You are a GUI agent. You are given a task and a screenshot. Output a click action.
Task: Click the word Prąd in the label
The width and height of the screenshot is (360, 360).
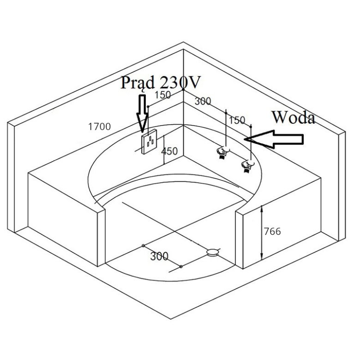pos(138,84)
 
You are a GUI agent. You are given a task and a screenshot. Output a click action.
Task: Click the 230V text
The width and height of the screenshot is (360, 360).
pos(180,82)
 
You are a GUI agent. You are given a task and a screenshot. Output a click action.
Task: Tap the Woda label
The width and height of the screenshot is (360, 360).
pos(293,117)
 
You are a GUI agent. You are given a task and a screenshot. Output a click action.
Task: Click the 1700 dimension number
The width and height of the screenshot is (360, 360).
pos(99,126)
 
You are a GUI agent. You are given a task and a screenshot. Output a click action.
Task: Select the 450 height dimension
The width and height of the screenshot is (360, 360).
pos(169,151)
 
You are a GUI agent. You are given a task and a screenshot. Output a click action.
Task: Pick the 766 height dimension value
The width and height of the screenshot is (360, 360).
pos(272,231)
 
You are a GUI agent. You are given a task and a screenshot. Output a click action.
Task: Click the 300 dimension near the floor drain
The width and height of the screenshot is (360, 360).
pos(159,256)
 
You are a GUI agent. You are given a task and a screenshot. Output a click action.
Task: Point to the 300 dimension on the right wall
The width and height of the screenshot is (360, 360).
pos(203,101)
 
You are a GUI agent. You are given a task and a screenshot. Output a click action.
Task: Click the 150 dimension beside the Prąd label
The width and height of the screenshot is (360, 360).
pos(162,95)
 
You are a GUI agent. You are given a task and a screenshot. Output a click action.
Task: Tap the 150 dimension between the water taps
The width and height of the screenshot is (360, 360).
pos(237,120)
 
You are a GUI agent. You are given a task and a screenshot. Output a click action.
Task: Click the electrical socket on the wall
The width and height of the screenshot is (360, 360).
pos(149,142)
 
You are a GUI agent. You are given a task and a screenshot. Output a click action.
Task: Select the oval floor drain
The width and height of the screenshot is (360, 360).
pos(212,252)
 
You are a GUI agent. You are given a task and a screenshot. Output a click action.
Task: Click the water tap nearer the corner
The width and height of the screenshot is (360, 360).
pos(223,152)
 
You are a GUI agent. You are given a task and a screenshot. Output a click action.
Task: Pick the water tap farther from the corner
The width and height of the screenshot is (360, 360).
pos(247,166)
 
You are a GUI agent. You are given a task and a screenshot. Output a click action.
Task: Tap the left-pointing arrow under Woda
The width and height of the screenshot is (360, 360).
pos(274,139)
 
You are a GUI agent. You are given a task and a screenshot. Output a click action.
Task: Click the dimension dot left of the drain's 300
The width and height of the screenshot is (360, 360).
pos(143,246)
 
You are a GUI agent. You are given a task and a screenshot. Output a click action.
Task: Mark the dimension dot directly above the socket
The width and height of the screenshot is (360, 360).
pos(148,107)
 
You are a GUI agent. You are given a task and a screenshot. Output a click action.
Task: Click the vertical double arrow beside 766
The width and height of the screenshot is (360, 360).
pos(262,233)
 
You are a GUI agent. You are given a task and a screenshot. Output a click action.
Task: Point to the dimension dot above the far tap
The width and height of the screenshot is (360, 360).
pos(251,127)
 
